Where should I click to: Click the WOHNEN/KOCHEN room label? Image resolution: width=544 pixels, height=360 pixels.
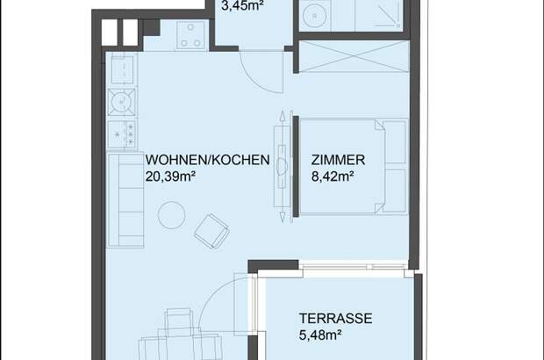tap(207, 160)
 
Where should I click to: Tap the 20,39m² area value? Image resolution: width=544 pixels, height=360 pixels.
tap(170, 176)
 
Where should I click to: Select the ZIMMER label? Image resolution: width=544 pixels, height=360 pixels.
tap(338, 160)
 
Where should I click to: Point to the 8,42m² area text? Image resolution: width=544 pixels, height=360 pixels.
tap(333, 176)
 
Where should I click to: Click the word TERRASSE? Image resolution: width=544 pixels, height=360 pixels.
tap(335, 319)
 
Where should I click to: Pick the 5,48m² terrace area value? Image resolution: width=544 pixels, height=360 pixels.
tap(320, 335)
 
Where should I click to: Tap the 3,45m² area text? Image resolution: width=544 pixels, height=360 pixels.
tap(242, 6)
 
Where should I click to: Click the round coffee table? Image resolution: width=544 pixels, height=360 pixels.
tap(171, 215)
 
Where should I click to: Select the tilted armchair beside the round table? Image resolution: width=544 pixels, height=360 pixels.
tap(211, 231)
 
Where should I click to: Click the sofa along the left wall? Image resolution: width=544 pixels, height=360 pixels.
tap(125, 201)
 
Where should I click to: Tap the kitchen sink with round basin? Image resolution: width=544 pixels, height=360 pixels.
tap(121, 102)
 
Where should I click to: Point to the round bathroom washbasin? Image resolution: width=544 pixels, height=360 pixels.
tap(315, 16)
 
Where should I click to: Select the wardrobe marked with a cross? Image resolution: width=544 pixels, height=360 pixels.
tap(354, 56)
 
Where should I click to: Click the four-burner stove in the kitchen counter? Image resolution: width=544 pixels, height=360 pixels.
tap(121, 134)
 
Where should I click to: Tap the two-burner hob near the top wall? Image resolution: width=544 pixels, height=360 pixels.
tap(190, 35)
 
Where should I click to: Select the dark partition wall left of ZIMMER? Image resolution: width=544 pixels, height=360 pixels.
tap(296, 167)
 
